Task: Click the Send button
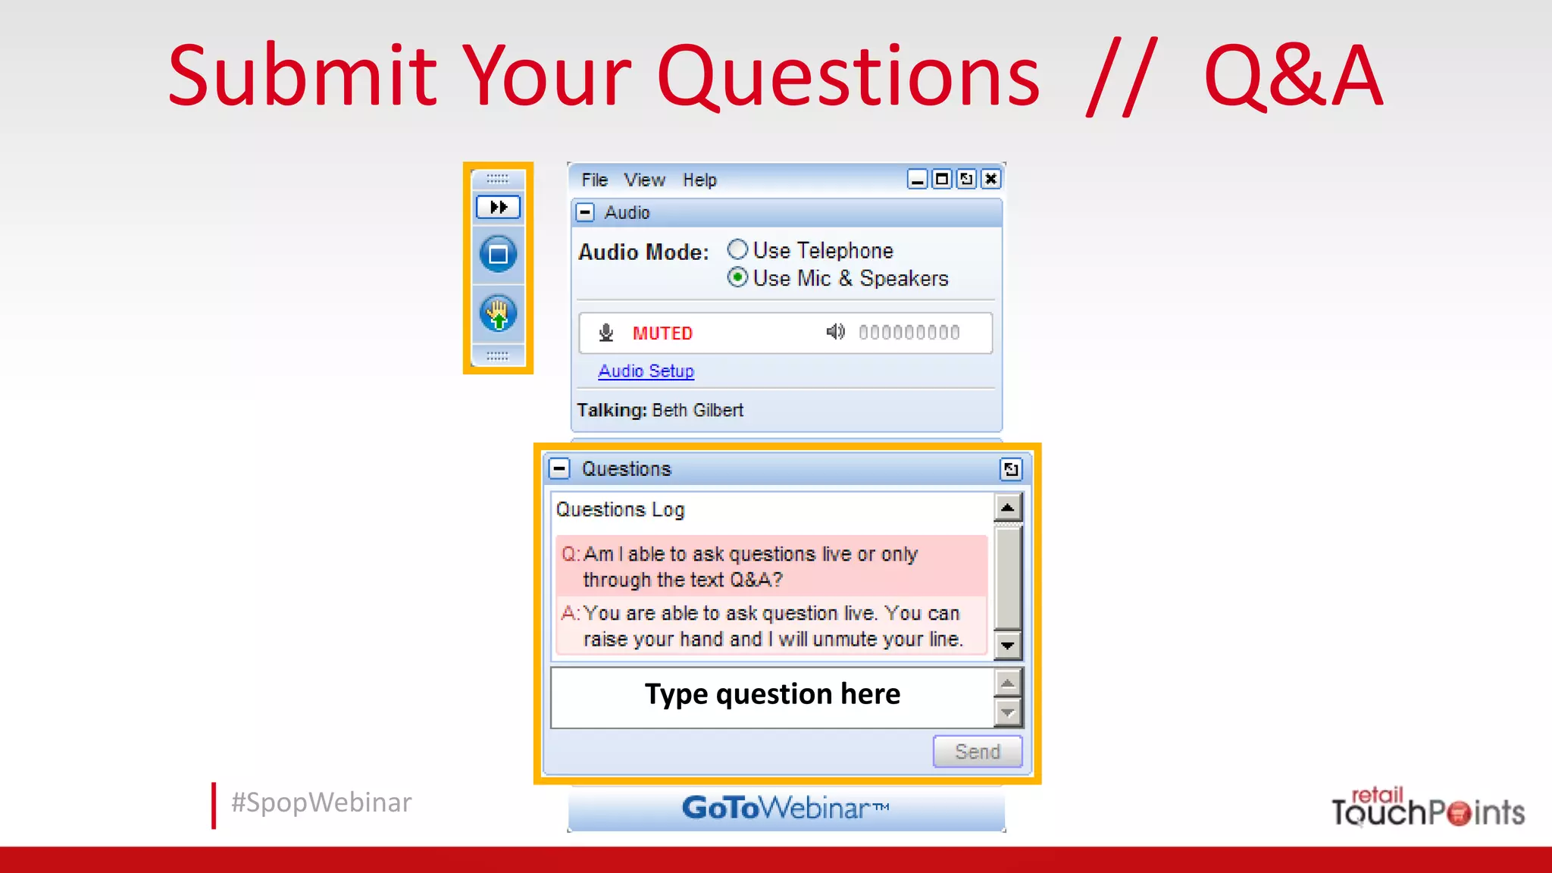pos(977,752)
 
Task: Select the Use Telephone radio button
pos(737,249)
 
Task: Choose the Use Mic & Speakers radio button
pos(737,277)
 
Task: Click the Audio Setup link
pos(646,371)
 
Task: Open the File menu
pos(594,180)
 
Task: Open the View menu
pos(644,180)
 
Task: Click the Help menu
pos(699,180)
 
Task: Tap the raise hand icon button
pos(498,314)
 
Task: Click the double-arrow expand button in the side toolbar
pos(498,207)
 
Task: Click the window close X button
pos(990,179)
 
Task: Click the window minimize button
pos(917,179)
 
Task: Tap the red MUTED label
pos(662,333)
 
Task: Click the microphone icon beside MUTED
pos(606,333)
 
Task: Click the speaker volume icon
pos(835,332)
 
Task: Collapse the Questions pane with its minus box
pos(559,468)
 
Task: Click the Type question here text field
pos(771,696)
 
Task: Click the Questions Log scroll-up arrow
pos(1007,507)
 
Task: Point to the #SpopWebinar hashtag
pos(321,803)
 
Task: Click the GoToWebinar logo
pos(785,808)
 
